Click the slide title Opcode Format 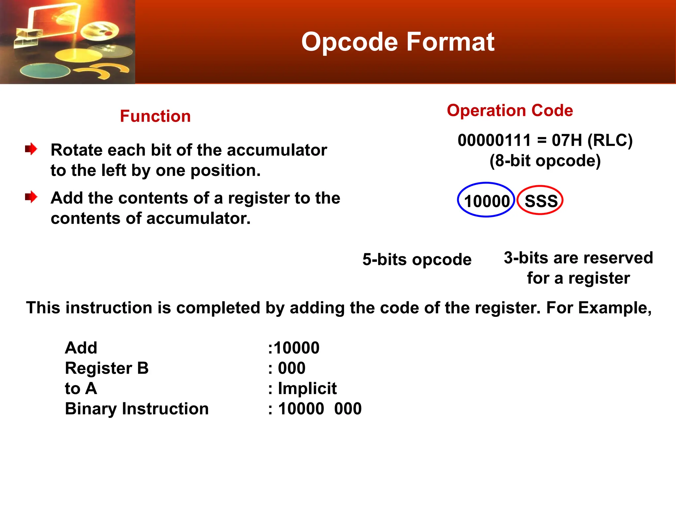[x=397, y=42]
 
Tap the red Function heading [x=155, y=116]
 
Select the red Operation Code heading [x=510, y=110]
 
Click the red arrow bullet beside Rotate [x=31, y=149]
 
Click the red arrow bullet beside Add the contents [x=31, y=197]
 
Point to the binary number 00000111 [x=494, y=140]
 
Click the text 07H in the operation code [x=566, y=140]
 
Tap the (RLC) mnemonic [x=610, y=140]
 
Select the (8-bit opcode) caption [x=545, y=161]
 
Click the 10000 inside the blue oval [x=487, y=201]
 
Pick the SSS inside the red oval [x=541, y=201]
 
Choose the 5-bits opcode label [x=417, y=259]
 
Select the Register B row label [x=107, y=368]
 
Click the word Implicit [x=307, y=388]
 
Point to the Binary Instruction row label [x=137, y=409]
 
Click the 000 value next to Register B [x=291, y=368]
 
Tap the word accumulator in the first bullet [x=277, y=150]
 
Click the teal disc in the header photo [x=45, y=70]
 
